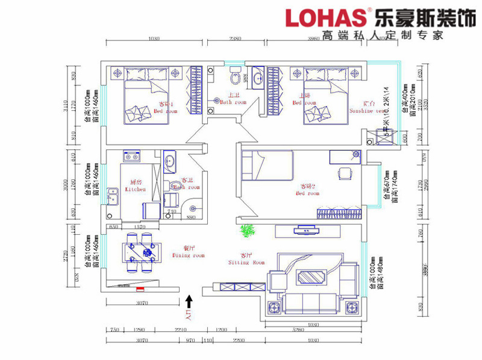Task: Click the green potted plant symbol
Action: point(246,231)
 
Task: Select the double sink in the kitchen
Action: point(112,196)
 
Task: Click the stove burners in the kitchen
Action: point(131,156)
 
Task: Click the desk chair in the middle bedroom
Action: point(344,173)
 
